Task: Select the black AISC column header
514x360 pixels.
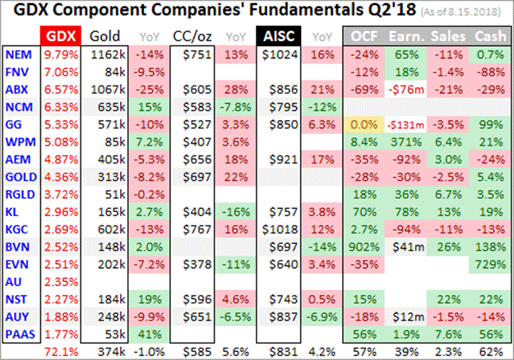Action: (x=277, y=36)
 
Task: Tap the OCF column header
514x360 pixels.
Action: (x=365, y=36)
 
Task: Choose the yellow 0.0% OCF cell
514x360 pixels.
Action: (x=364, y=123)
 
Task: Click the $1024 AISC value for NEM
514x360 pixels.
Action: (x=277, y=54)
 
